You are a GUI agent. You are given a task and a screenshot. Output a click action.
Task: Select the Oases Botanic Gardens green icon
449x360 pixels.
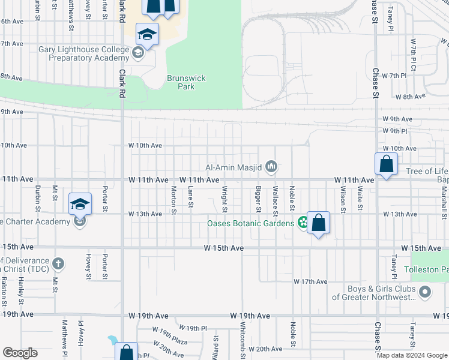(x=303, y=223)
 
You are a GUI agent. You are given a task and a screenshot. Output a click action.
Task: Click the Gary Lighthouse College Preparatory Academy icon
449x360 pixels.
(x=137, y=55)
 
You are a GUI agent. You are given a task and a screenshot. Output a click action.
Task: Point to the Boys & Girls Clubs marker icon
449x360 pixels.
(x=425, y=292)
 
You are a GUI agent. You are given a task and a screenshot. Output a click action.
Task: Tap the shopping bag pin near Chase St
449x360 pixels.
(x=386, y=164)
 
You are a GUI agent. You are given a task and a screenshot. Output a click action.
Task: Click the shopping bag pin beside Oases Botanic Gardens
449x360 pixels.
(x=319, y=223)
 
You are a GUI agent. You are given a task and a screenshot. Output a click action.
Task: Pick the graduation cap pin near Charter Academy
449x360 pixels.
(x=80, y=204)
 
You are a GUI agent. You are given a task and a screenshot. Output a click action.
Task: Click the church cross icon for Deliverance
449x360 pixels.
(x=58, y=263)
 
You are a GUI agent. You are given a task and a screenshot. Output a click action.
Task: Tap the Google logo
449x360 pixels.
(x=20, y=353)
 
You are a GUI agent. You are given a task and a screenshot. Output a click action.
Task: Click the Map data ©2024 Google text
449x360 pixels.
(x=411, y=355)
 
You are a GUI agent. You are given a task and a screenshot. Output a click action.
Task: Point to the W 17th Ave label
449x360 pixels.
(x=310, y=281)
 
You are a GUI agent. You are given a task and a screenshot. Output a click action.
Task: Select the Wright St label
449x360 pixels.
(x=224, y=199)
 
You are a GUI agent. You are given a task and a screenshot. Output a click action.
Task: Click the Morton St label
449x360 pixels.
(x=173, y=200)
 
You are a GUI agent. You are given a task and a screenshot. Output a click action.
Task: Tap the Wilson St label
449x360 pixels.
(x=343, y=199)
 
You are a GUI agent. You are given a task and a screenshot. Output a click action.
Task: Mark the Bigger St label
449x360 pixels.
(x=259, y=199)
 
